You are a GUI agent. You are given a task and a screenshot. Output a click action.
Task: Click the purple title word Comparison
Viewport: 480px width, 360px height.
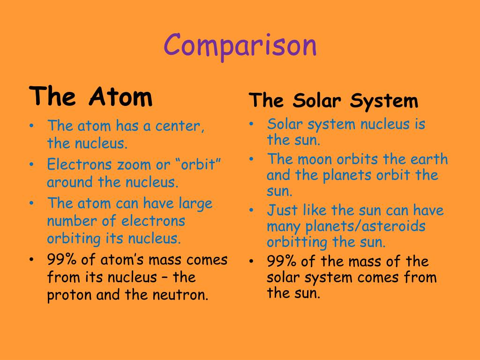[240, 46]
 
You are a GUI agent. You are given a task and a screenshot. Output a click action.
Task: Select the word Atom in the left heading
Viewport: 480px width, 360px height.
[120, 96]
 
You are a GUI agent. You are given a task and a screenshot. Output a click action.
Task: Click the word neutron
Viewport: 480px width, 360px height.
[180, 295]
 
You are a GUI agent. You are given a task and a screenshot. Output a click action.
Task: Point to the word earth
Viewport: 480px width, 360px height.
[429, 159]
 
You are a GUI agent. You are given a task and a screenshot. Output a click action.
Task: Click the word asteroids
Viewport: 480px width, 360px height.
[393, 226]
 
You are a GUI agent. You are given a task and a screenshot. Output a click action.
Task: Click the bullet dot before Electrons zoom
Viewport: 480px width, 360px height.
[31, 165]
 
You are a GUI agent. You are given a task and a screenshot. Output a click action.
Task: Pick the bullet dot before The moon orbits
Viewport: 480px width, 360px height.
[251, 159]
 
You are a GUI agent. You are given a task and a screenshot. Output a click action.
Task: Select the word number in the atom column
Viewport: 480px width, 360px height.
[72, 221]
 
